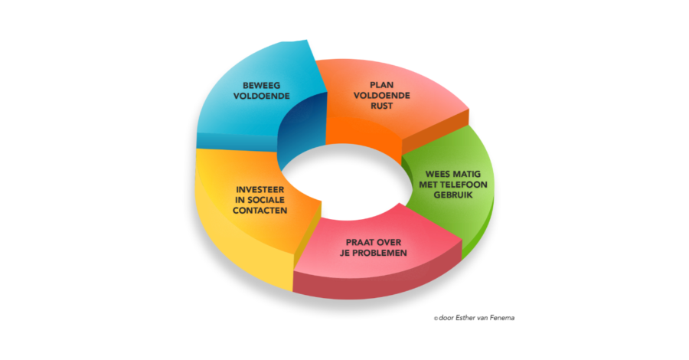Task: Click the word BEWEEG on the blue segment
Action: tap(262, 85)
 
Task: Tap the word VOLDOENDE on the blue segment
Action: tap(262, 96)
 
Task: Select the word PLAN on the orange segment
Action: tap(381, 85)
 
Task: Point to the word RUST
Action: tap(381, 106)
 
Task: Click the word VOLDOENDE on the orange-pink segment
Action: tap(381, 96)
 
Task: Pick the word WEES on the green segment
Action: tap(437, 174)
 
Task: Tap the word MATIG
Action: tap(466, 174)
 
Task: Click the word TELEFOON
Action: tap(465, 185)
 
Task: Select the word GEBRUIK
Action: tap(452, 195)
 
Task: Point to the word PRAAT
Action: tap(358, 242)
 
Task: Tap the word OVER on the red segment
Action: tap(388, 242)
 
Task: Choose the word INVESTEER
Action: tap(260, 189)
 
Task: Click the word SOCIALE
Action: tap(266, 200)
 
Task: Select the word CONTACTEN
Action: tap(260, 211)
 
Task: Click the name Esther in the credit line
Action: tap(465, 318)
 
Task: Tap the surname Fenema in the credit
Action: tap(503, 318)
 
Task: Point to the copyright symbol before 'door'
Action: tap(436, 319)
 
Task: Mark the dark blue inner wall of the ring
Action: tap(303, 126)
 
